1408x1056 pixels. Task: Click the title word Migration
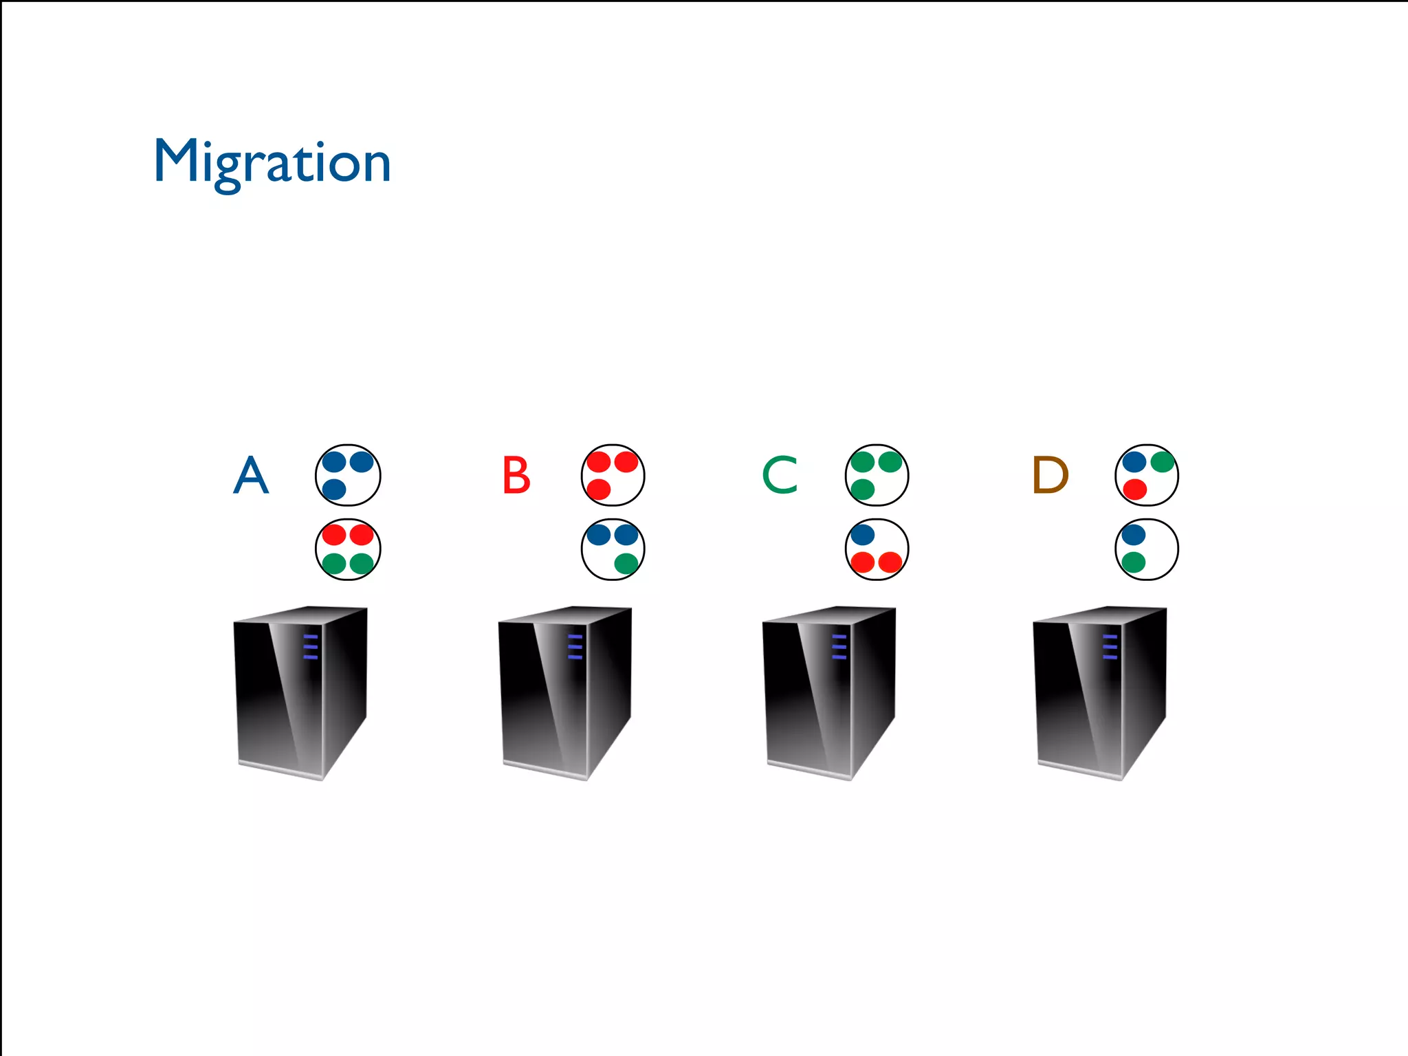pos(272,162)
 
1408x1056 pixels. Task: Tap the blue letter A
pos(251,475)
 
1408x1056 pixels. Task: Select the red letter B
pos(516,475)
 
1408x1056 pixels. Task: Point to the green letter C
pos(780,475)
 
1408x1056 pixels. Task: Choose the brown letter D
pos(1050,475)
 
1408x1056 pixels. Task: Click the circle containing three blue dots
pos(348,475)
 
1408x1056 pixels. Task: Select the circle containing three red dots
pos(613,475)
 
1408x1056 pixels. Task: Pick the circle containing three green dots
pos(877,475)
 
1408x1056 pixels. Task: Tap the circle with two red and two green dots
pos(348,549)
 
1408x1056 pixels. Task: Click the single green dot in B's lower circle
pos(626,564)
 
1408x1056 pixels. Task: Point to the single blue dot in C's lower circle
pos(862,534)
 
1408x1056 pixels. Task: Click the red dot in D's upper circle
pos(1134,489)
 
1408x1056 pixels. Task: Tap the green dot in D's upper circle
pos(1162,461)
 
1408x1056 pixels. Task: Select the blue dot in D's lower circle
pos(1133,534)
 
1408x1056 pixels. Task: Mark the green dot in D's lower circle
pos(1133,563)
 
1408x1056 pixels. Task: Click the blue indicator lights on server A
pos(311,647)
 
